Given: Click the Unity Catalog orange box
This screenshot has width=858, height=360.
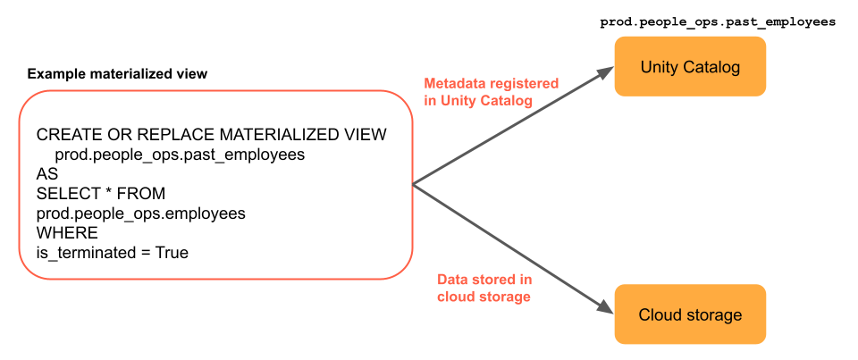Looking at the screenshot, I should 690,67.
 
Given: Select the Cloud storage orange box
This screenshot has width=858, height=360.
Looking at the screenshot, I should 690,314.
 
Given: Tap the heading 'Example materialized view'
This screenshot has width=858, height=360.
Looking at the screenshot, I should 117,74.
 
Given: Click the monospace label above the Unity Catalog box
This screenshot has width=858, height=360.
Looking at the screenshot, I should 718,19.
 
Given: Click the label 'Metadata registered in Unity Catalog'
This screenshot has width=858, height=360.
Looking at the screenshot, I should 491,92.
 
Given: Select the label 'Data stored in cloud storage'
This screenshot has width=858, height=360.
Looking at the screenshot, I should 484,288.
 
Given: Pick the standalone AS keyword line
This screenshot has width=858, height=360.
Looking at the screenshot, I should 46,174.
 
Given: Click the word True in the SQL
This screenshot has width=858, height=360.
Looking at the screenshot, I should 172,253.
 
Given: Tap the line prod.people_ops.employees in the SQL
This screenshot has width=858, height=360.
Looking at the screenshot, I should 140,213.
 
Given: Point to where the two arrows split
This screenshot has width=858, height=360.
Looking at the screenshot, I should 413,185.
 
